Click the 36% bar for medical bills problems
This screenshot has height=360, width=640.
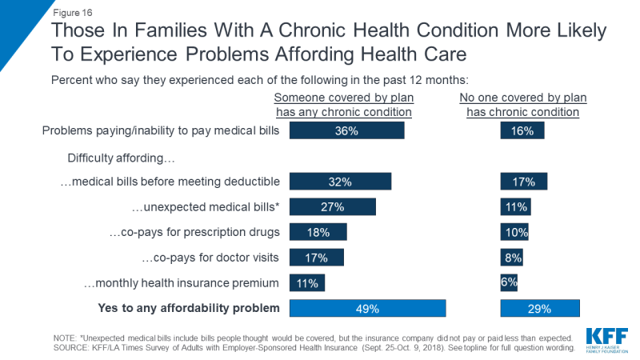tap(346, 131)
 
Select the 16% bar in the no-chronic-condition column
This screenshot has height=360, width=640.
tap(522, 131)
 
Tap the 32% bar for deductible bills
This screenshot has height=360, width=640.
tap(340, 182)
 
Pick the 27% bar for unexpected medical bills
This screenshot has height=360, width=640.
tap(332, 207)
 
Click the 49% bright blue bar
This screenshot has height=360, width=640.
tap(367, 308)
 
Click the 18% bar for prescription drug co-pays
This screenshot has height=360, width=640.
tap(318, 232)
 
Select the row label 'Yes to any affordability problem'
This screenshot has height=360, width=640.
tap(188, 308)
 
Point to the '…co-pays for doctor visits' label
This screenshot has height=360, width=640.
tap(210, 258)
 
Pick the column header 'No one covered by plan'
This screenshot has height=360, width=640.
tap(523, 98)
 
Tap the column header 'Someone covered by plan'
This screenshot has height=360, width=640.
tap(342, 98)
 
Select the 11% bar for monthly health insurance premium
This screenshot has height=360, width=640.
tap(307, 282)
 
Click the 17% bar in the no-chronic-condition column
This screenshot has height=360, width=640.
tap(524, 182)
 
